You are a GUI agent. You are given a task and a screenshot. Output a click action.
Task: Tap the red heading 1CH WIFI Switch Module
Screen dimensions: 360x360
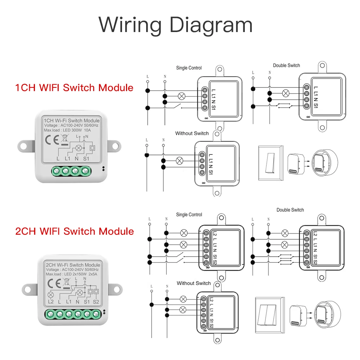(74, 87)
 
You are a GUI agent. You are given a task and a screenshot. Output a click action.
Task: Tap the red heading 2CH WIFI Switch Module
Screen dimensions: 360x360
(75, 231)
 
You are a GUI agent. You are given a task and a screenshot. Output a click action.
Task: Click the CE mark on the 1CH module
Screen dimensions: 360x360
(49, 139)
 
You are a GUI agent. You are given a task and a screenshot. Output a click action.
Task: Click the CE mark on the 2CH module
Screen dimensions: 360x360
(53, 283)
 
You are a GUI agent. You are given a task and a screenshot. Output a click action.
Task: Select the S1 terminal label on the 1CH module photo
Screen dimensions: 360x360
(86, 158)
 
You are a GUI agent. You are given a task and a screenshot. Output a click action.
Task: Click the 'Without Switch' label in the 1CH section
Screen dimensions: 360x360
(192, 133)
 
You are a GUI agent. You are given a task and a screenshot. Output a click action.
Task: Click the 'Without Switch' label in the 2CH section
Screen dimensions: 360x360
(194, 283)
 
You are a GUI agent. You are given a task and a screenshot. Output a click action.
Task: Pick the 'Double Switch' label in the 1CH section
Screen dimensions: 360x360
(286, 66)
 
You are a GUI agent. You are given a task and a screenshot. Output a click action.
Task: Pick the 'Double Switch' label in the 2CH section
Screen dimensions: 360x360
(290, 210)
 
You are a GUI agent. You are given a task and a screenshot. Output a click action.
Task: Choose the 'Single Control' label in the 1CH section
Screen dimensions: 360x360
(189, 68)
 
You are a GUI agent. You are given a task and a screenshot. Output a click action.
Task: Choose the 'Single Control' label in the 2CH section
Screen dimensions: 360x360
(189, 215)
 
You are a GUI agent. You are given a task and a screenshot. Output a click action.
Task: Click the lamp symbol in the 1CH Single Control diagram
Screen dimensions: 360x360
(182, 96)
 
